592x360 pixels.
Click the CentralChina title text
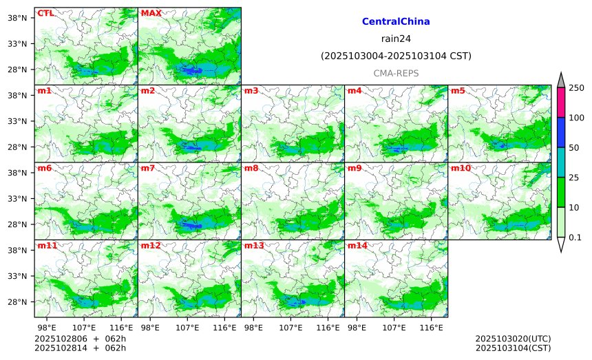tap(396, 22)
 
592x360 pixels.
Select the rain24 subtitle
tap(396, 39)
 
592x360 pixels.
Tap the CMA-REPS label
tap(396, 73)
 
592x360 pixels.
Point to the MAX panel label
tap(151, 13)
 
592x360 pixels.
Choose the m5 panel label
tap(458, 91)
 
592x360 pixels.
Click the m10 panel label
tap(461, 168)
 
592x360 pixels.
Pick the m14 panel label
tap(357, 246)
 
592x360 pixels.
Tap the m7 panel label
tap(148, 168)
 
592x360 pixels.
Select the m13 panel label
tap(254, 246)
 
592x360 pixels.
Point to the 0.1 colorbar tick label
tap(575, 237)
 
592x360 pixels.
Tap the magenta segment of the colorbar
tap(560, 102)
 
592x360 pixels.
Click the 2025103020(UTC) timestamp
tap(513, 339)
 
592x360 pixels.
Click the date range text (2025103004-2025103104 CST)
tap(396, 56)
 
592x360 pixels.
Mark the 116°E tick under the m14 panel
tap(432, 326)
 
